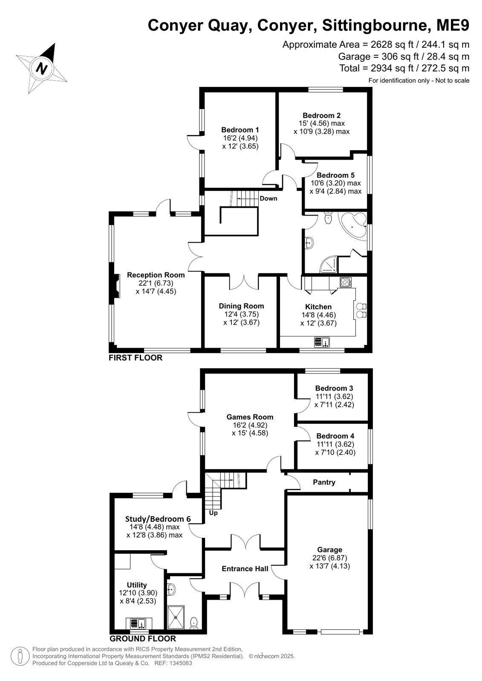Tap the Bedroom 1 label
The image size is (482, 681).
coord(240,130)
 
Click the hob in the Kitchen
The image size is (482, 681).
coord(345,282)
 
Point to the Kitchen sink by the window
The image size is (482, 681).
coord(322,342)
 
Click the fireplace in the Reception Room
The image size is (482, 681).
coord(116,285)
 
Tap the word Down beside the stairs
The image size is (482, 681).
coord(268,198)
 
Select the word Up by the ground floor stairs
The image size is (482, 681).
coord(214,513)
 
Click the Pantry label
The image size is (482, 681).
coord(324,482)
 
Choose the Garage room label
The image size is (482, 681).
coord(329,550)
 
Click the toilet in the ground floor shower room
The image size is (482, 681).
coord(194,623)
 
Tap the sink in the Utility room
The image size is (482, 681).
coord(139,623)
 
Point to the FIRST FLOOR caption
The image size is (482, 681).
coord(136,358)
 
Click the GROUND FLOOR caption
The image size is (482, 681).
coord(143,638)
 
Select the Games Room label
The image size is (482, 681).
coord(249,417)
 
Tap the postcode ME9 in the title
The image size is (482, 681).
coord(453,25)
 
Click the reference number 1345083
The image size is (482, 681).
coord(182,663)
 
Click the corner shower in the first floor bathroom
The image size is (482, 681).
coord(329,264)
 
